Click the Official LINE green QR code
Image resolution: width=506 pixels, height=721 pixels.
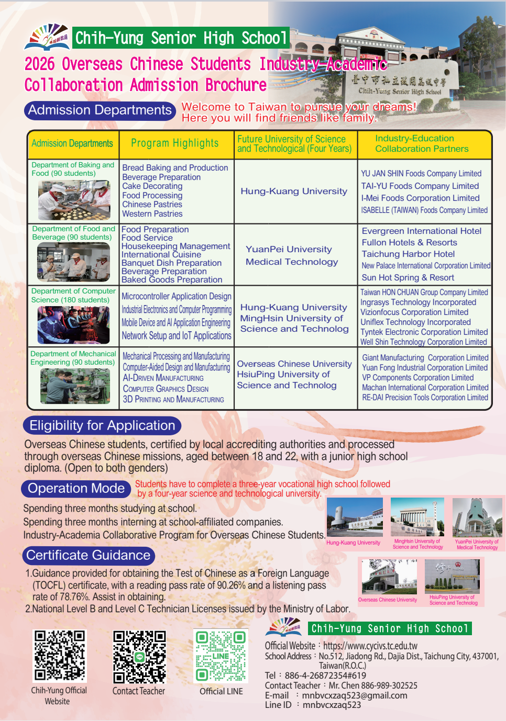pos(221,656)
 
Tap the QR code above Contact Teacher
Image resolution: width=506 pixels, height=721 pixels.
pos(139,657)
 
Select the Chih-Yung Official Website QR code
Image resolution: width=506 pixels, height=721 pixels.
pos(59,656)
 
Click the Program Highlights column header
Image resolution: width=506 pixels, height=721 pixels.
pos(175,143)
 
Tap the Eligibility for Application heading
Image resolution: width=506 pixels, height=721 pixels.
pos(102,425)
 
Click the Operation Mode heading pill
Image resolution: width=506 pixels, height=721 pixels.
pos(76,488)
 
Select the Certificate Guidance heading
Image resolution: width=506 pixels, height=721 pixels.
pos(89,555)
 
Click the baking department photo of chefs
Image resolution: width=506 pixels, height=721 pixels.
pos(74,200)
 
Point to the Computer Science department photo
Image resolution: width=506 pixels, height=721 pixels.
pos(73,324)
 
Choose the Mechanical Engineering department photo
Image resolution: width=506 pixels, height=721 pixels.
pos(75,386)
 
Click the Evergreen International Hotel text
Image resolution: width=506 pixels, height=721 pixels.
pos(422,231)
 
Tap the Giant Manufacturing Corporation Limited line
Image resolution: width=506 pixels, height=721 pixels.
pos(425,358)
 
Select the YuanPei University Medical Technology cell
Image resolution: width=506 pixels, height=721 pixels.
pos(292,255)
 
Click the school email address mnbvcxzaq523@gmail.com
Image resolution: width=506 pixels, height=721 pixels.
pos(355,695)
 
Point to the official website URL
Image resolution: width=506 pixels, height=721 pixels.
pos(370,646)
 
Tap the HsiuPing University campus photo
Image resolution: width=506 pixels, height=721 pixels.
pos(452,576)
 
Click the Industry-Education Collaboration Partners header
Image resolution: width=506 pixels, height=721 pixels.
pos(422,143)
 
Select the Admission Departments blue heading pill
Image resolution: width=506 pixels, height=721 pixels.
pos(100,110)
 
